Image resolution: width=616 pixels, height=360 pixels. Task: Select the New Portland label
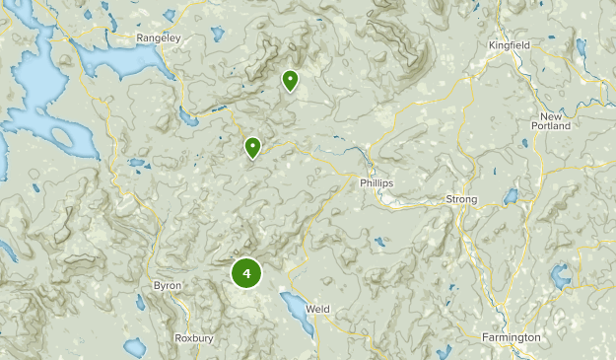click(x=550, y=120)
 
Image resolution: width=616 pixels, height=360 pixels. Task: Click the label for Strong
click(x=461, y=199)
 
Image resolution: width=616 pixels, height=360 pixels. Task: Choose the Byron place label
click(x=167, y=286)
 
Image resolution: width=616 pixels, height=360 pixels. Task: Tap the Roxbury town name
click(x=193, y=337)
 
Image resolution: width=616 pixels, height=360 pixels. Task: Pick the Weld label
click(x=317, y=309)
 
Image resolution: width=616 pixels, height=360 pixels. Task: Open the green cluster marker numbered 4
click(x=246, y=273)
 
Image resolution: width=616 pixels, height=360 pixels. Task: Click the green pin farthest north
click(x=290, y=80)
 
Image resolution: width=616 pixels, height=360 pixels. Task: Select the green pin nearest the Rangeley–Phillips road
click(x=253, y=148)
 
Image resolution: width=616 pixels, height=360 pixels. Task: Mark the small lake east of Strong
click(x=511, y=197)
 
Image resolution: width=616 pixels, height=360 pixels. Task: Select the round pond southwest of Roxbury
click(x=135, y=348)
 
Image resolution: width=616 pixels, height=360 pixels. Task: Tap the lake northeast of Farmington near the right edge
click(x=561, y=276)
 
